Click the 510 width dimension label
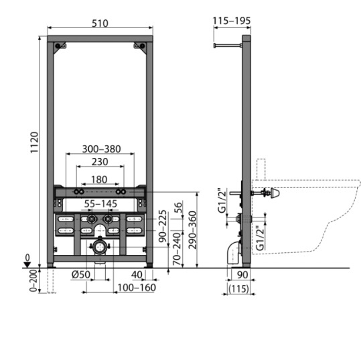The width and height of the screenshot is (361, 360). pyautogui.click(x=100, y=23)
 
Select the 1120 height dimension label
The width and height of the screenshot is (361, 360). pyautogui.click(x=34, y=143)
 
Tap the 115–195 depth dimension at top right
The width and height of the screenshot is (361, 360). pyautogui.click(x=232, y=21)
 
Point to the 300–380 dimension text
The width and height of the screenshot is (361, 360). pyautogui.click(x=102, y=149)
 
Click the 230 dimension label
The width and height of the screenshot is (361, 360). pyautogui.click(x=100, y=162)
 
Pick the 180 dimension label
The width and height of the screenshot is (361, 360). pyautogui.click(x=99, y=179)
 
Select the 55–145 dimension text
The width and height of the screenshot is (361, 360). pyautogui.click(x=100, y=204)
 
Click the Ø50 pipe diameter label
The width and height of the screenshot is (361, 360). pyautogui.click(x=81, y=274)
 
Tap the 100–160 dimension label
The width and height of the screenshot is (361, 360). pyautogui.click(x=137, y=288)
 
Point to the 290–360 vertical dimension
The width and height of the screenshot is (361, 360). pyautogui.click(x=192, y=230)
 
